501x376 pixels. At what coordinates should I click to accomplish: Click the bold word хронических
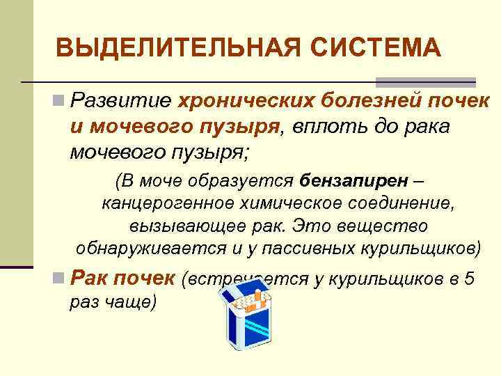pyautogui.click(x=247, y=102)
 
